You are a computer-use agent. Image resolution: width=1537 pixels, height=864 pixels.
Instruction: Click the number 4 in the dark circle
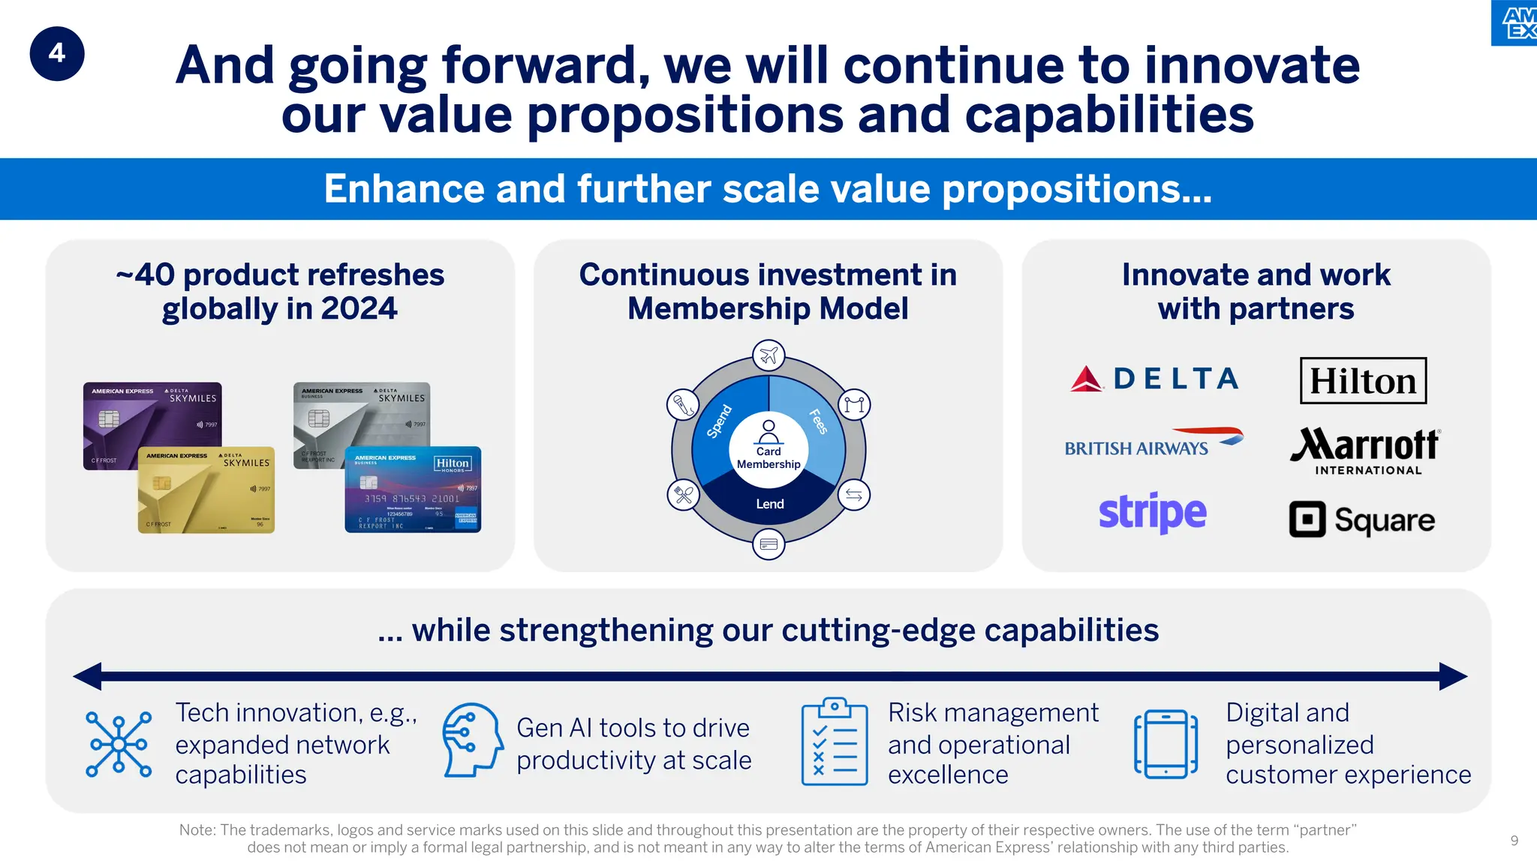[57, 53]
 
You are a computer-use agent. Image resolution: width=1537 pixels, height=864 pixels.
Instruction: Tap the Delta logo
[1154, 379]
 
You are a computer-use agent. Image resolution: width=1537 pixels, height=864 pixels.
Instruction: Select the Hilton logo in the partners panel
[1363, 380]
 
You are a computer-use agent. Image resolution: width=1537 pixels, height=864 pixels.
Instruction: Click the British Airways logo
[1153, 443]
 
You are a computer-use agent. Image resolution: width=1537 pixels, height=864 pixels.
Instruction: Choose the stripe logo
[1152, 513]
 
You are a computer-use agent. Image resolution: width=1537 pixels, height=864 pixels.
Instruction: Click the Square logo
[1361, 520]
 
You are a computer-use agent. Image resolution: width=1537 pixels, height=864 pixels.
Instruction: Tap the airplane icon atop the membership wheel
[768, 355]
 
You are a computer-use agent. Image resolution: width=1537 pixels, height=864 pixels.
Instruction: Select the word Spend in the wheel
[719, 421]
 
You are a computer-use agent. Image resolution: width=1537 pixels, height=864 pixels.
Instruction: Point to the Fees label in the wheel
[818, 421]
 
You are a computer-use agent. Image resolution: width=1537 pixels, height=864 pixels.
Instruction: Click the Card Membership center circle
[768, 450]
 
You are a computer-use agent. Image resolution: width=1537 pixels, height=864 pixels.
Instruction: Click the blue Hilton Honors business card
[413, 490]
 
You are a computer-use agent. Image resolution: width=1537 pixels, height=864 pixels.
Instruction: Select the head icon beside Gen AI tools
[471, 739]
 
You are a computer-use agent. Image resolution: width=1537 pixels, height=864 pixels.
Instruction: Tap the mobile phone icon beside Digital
[1165, 743]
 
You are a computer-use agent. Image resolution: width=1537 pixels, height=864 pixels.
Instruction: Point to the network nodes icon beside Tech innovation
[119, 743]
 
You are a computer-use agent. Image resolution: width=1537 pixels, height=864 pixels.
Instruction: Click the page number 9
[1514, 841]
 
